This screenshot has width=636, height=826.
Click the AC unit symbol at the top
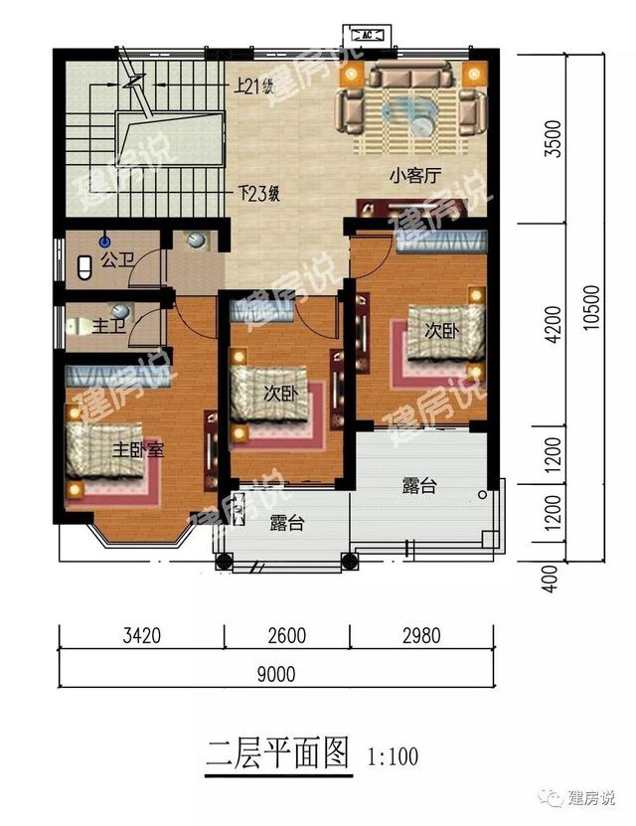click(x=367, y=36)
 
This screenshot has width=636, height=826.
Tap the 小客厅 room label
click(x=414, y=175)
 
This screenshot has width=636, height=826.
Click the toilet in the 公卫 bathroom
click(x=84, y=267)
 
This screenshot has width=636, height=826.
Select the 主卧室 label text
click(x=138, y=450)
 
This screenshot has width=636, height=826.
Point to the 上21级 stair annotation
click(x=254, y=86)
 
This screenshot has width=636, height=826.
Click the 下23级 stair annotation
click(x=258, y=194)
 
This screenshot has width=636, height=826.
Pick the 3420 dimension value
click(x=142, y=635)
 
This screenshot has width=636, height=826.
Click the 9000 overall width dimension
click(x=276, y=674)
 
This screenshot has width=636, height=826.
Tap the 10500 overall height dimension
click(x=591, y=308)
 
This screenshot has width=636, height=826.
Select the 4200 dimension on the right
click(x=553, y=324)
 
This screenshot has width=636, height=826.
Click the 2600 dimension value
click(x=287, y=635)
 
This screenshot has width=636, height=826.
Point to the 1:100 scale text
click(x=393, y=757)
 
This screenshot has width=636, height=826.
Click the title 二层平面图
click(x=277, y=753)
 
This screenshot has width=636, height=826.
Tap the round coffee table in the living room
click(x=422, y=126)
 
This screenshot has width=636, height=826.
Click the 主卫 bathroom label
click(x=109, y=326)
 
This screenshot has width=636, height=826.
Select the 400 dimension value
click(x=550, y=578)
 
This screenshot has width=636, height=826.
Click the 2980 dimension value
click(x=421, y=635)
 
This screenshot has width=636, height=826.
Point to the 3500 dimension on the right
click(x=553, y=139)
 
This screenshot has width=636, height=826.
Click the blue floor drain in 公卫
click(x=105, y=242)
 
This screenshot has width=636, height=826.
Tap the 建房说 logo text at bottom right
click(x=591, y=798)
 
